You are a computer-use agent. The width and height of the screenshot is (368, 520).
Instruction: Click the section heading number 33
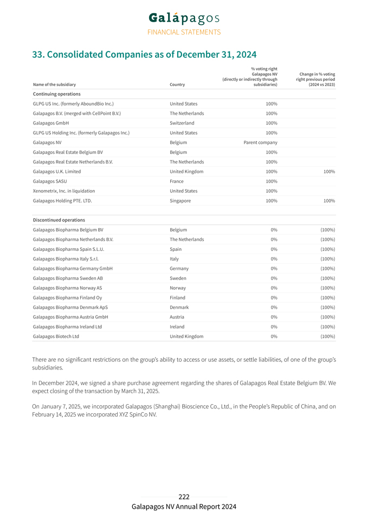point(38,55)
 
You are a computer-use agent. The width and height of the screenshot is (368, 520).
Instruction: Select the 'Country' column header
point(177,84)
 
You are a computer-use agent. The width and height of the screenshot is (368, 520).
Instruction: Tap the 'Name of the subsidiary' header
point(54,84)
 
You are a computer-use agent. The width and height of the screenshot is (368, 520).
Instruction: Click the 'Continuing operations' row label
point(57,94)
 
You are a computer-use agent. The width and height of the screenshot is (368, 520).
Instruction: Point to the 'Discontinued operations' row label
point(59,220)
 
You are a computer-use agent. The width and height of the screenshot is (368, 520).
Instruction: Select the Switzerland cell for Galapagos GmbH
point(182,123)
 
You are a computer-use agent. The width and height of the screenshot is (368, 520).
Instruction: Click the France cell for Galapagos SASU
point(177,181)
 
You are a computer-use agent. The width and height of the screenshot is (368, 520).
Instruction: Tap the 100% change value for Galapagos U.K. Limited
point(329,172)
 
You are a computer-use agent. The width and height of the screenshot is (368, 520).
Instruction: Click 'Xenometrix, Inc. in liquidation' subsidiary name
point(64,191)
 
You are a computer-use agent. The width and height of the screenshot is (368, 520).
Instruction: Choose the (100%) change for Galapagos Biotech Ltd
point(327,336)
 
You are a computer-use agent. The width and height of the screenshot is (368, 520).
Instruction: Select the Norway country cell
point(178,288)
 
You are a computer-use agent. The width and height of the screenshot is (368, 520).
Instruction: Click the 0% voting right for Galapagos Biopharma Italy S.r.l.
point(274,259)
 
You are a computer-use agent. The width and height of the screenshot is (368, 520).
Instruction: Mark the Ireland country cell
point(177,327)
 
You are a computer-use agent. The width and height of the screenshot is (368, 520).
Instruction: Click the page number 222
point(184,497)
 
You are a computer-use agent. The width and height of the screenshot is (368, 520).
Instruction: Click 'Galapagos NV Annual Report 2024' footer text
point(184,507)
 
